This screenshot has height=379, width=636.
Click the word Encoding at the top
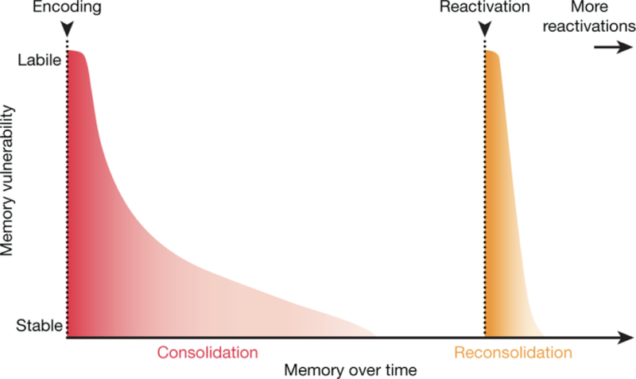tap(67, 9)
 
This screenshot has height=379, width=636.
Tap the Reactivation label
tap(485, 9)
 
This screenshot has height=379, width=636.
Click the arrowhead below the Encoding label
tap(67, 30)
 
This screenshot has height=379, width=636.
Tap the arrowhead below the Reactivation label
tap(485, 30)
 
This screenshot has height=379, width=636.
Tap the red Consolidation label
tap(208, 352)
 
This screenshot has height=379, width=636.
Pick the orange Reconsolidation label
tap(513, 352)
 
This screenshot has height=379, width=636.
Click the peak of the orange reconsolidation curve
tap(491, 52)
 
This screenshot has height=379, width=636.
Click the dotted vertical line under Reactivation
tap(485, 199)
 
